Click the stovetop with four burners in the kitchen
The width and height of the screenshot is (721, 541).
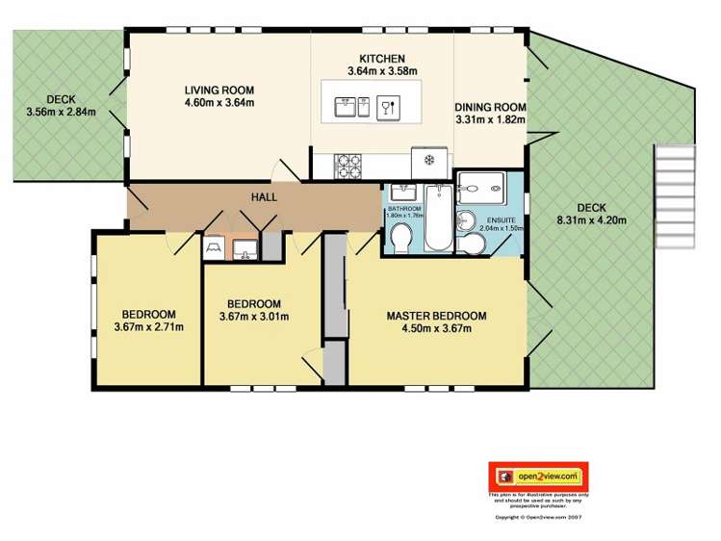pos(348,165)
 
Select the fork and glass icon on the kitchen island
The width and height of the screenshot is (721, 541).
pos(387,106)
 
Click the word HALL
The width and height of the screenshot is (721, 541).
pos(264,197)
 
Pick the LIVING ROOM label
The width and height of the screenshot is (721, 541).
pos(219,91)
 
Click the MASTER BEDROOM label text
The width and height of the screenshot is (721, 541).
pos(436,316)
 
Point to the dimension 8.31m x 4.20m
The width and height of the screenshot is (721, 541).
pos(591,220)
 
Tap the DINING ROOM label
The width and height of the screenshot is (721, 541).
pos(490,107)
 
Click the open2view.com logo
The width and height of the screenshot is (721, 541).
pos(538,476)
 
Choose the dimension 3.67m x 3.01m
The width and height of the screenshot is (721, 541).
pos(254,317)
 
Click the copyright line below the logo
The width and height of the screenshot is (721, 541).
pos(538,517)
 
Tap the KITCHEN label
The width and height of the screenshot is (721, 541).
pos(382,58)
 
